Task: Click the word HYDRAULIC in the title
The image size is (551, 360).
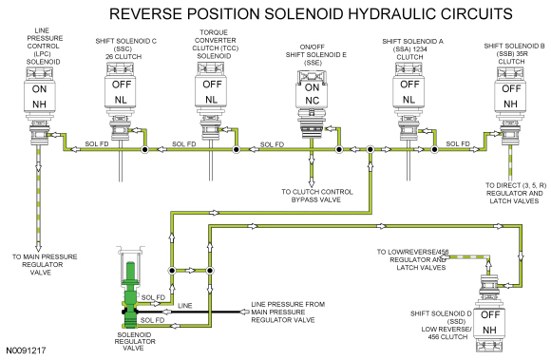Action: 393,13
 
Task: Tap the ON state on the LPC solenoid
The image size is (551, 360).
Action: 39,89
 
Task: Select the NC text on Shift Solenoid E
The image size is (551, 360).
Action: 312,101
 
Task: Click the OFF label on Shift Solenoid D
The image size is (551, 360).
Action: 490,314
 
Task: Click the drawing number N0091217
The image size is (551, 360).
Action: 26,351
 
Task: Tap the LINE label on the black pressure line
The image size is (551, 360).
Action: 185,306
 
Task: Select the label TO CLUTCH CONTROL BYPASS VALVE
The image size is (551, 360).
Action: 317,196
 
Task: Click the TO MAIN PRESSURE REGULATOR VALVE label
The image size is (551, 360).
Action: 45,264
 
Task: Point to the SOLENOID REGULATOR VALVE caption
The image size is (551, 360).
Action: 135,341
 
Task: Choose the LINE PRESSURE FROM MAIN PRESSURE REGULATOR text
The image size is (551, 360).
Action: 288,313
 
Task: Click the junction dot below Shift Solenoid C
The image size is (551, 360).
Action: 144,150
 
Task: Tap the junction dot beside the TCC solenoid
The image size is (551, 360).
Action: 237,150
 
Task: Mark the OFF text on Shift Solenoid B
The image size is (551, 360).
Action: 511,88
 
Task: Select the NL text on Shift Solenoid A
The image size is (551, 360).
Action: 408,100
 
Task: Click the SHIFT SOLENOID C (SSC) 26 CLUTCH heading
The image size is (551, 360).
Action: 125,48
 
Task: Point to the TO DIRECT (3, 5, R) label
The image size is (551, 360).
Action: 516,185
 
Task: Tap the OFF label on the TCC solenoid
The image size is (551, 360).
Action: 212,85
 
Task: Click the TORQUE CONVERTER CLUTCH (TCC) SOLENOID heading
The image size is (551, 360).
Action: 215,45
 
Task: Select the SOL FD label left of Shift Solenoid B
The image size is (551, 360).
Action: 458,143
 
